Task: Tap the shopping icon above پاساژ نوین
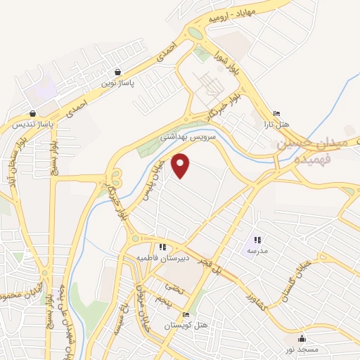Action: pyautogui.click(x=117, y=72)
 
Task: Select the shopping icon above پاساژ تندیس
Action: pyautogui.click(x=33, y=114)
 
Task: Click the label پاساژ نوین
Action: pyautogui.click(x=117, y=83)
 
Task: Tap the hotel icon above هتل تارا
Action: pyautogui.click(x=276, y=114)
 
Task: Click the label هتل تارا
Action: pyautogui.click(x=276, y=124)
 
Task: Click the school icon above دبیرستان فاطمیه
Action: pyautogui.click(x=162, y=247)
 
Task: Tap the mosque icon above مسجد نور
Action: pyautogui.click(x=302, y=339)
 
